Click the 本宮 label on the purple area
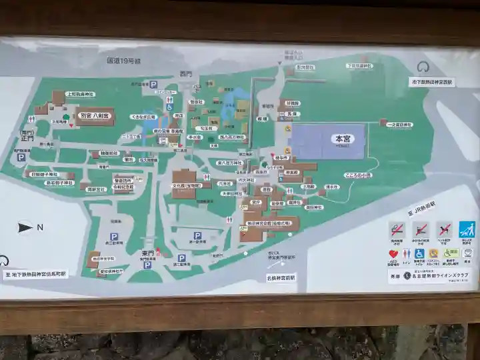(343, 139)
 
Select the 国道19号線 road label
(124, 61)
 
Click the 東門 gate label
(148, 254)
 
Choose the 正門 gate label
(26, 139)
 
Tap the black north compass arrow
(25, 227)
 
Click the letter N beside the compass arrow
(40, 227)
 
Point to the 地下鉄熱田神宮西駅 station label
(431, 82)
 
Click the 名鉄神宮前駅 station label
(281, 277)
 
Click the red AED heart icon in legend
(395, 254)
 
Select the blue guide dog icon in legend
(467, 229)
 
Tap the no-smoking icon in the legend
(396, 229)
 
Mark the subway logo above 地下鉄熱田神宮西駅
(423, 67)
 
